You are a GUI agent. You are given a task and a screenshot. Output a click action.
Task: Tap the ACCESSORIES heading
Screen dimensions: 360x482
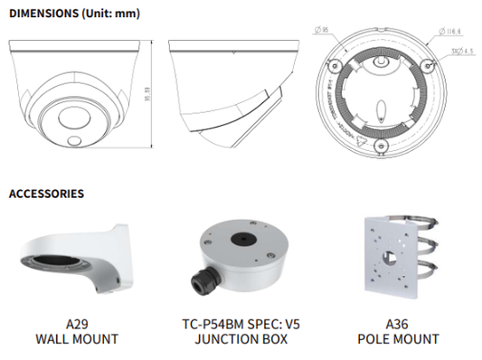(47, 194)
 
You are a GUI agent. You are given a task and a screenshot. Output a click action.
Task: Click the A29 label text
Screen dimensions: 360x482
(77, 324)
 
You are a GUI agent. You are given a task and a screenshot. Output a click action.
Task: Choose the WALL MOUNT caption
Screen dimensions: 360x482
(77, 340)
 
